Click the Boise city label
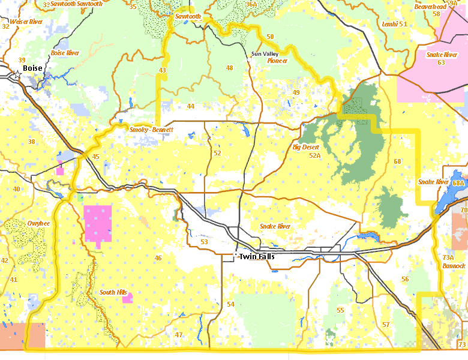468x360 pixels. (x=32, y=68)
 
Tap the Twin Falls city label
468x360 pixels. (x=257, y=257)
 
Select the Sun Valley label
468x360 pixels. (x=265, y=54)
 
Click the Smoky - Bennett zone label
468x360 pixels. (x=151, y=130)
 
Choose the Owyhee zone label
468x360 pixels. (x=38, y=223)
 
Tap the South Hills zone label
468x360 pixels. (x=113, y=292)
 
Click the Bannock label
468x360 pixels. (x=454, y=265)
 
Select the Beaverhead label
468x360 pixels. (x=430, y=7)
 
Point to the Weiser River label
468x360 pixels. (x=26, y=22)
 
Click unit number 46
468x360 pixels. (x=158, y=258)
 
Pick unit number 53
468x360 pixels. (x=204, y=242)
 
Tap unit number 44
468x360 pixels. (x=190, y=106)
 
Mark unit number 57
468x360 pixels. (x=386, y=325)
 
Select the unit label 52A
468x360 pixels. (x=315, y=155)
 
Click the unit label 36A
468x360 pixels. (x=251, y=4)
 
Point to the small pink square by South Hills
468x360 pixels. (x=127, y=298)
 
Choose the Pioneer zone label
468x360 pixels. (x=277, y=61)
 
